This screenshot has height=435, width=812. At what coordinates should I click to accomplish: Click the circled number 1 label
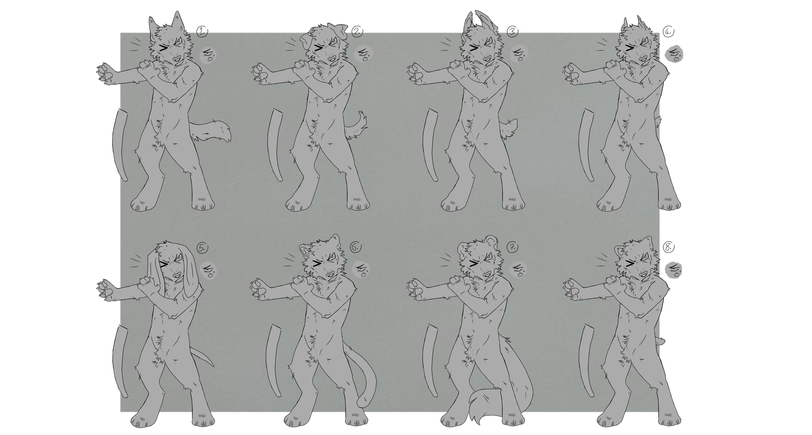pyautogui.click(x=202, y=31)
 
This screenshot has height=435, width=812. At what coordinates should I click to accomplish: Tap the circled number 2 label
pyautogui.click(x=357, y=31)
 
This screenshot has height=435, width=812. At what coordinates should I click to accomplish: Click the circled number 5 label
pyautogui.click(x=202, y=248)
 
